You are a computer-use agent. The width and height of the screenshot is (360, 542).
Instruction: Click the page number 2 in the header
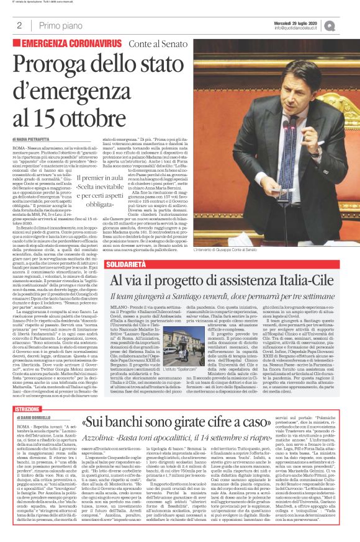tap(20, 25)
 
